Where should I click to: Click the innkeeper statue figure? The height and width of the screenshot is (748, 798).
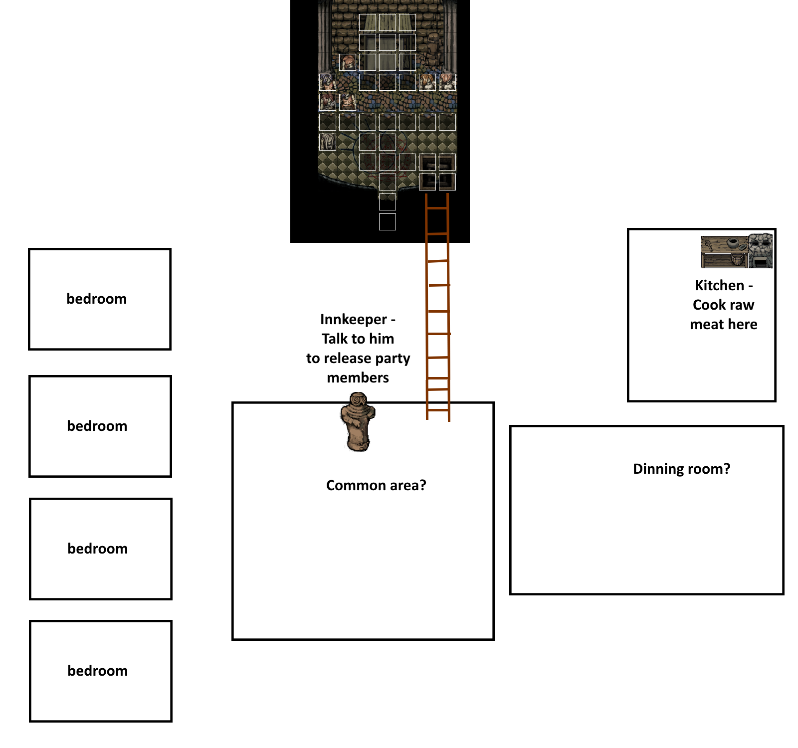pyautogui.click(x=357, y=422)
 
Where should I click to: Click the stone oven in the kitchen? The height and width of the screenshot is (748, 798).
pyautogui.click(x=760, y=251)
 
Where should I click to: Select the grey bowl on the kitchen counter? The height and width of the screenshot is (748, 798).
pyautogui.click(x=732, y=243)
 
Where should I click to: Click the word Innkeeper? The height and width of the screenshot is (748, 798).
pyautogui.click(x=354, y=319)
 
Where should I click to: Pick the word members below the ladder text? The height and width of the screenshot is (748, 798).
pyautogui.click(x=358, y=377)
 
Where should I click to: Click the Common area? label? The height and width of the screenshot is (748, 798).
pyautogui.click(x=376, y=485)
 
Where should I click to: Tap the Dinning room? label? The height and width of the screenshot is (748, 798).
pyautogui.click(x=681, y=469)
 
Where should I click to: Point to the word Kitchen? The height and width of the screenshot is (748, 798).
pyautogui.click(x=719, y=285)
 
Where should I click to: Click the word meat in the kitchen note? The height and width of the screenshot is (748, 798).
pyautogui.click(x=707, y=324)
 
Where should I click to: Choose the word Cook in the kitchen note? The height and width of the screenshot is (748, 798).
pyautogui.click(x=709, y=305)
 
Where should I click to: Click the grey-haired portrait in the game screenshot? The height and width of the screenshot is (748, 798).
pyautogui.click(x=328, y=142)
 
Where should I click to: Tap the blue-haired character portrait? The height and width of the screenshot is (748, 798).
pyautogui.click(x=328, y=82)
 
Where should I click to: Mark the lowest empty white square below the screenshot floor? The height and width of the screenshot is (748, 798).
pyautogui.click(x=388, y=222)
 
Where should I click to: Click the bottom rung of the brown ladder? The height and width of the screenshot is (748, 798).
pyautogui.click(x=438, y=410)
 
